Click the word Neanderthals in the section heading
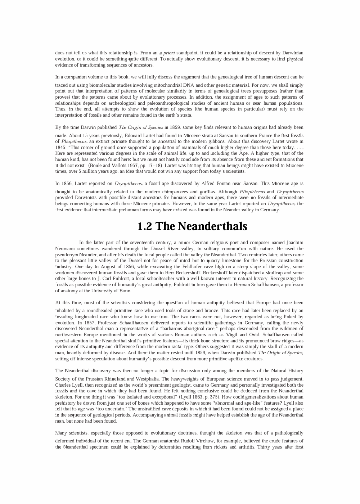[212, 226]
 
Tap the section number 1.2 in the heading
[146, 226]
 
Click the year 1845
[61, 147]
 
